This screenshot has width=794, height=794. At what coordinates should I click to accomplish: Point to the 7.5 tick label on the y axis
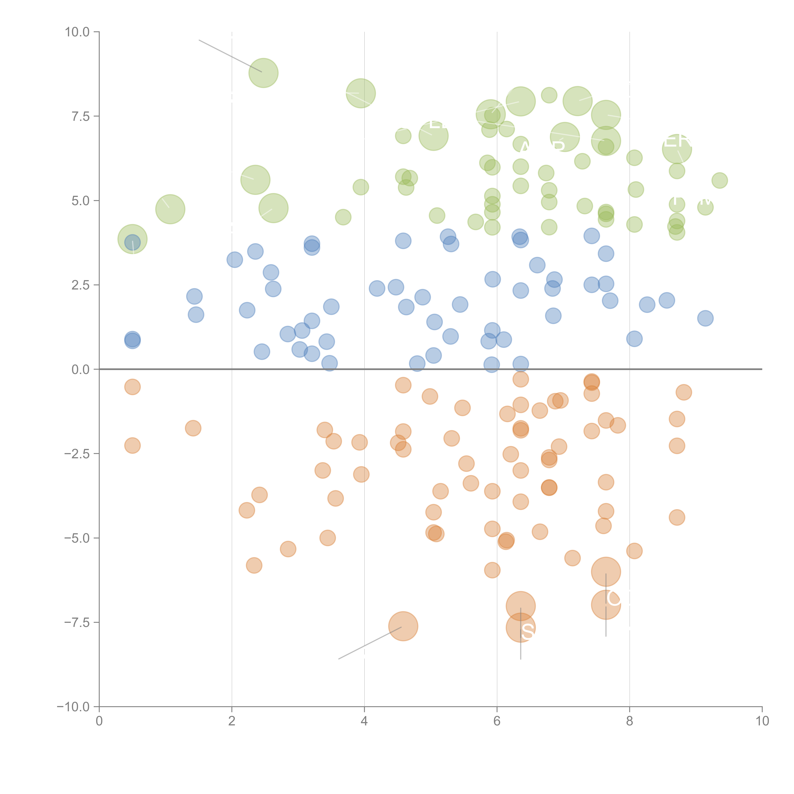pos(80,116)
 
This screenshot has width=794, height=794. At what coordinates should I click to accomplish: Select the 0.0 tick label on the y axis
pos(80,370)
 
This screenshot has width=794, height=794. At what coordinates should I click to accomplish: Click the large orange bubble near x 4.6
pos(403,626)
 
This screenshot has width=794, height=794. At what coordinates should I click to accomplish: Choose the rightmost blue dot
pos(705,318)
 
